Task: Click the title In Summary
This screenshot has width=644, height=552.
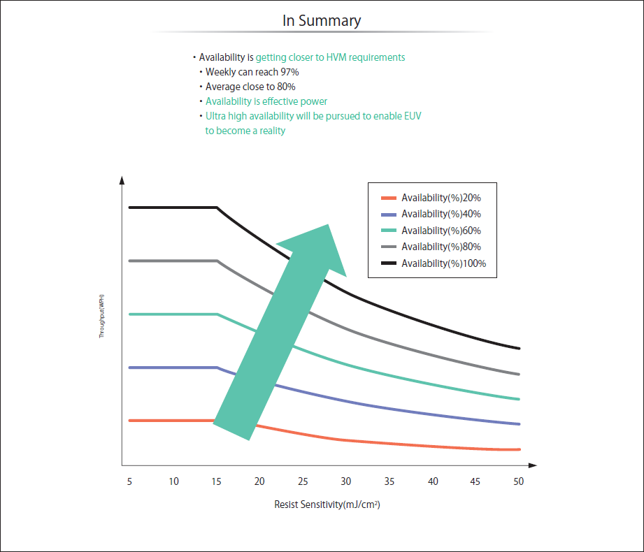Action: click(322, 21)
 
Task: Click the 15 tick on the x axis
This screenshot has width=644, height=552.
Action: click(217, 481)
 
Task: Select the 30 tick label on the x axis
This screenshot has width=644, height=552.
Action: click(346, 481)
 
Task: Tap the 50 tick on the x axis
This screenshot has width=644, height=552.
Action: click(518, 481)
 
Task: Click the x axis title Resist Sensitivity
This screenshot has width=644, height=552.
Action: click(327, 504)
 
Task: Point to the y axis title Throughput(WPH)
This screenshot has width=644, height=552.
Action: click(101, 317)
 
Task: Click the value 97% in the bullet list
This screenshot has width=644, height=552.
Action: click(289, 72)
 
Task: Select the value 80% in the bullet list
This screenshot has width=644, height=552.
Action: click(285, 87)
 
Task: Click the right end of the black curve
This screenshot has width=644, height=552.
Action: click(519, 348)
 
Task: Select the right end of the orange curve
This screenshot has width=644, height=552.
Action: click(519, 449)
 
